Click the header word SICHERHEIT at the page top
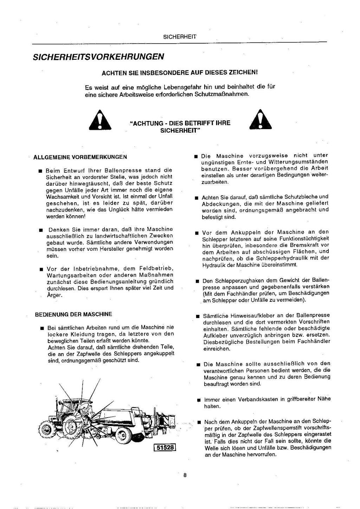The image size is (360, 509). (180, 37)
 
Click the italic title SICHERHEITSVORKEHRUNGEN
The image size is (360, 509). (98, 56)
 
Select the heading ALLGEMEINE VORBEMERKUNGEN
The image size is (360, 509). (80, 157)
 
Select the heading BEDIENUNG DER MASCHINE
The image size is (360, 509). (73, 314)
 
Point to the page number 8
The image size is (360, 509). (185, 475)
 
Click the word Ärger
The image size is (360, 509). (54, 295)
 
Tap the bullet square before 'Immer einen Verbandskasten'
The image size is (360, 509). (199, 400)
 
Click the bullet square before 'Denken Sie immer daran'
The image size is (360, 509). (41, 230)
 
